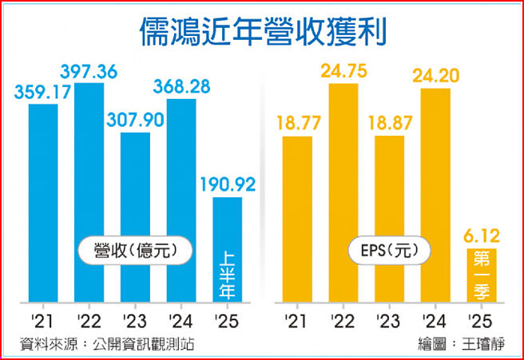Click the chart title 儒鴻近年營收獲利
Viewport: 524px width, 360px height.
(263, 33)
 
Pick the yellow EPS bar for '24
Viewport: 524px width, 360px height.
(434, 196)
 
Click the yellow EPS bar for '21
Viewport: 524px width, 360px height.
(296, 220)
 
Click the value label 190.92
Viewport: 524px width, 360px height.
(227, 186)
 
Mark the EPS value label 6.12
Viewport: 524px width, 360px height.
(482, 237)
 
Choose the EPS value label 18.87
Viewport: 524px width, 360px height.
(389, 125)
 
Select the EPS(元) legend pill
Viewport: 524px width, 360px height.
(389, 251)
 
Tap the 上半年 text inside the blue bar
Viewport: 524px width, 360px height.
(227, 274)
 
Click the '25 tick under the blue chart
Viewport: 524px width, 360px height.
(227, 322)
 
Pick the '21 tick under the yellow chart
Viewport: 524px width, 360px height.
(296, 322)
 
